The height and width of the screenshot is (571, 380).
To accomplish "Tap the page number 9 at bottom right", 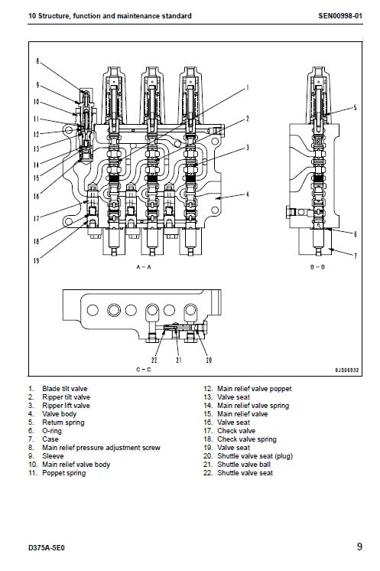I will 359,547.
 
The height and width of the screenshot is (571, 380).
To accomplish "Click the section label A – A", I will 143,267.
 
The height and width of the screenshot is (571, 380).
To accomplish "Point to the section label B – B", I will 319,267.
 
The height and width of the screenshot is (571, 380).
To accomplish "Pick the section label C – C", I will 143,370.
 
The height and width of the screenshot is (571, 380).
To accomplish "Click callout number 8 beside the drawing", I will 37,60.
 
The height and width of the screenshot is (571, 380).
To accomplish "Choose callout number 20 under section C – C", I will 209,360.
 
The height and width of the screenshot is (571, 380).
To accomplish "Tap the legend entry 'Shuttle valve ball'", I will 242,465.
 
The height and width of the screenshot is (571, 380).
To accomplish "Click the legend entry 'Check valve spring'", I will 245,439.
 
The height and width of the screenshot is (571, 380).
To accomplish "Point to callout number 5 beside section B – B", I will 355,110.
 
